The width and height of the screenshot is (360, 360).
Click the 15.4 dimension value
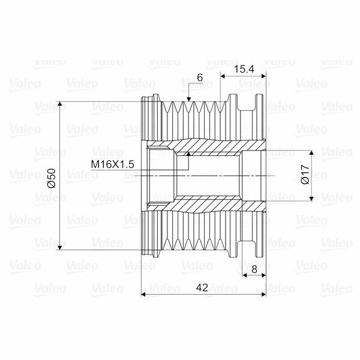pos(244,68)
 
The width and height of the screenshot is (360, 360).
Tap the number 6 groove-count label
pos(200,78)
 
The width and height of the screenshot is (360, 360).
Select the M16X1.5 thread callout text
pos(113,164)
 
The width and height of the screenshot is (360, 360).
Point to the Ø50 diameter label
pos(52,178)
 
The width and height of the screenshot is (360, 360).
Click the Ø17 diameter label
pos(305,175)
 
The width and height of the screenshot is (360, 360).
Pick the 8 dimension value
pos(254,269)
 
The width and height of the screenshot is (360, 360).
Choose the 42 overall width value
pos(202,287)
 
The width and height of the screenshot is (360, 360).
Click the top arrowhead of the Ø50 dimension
pos(59,104)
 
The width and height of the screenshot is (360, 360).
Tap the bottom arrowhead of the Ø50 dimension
pos(59,247)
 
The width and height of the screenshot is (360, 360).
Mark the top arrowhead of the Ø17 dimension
pos(311,153)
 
